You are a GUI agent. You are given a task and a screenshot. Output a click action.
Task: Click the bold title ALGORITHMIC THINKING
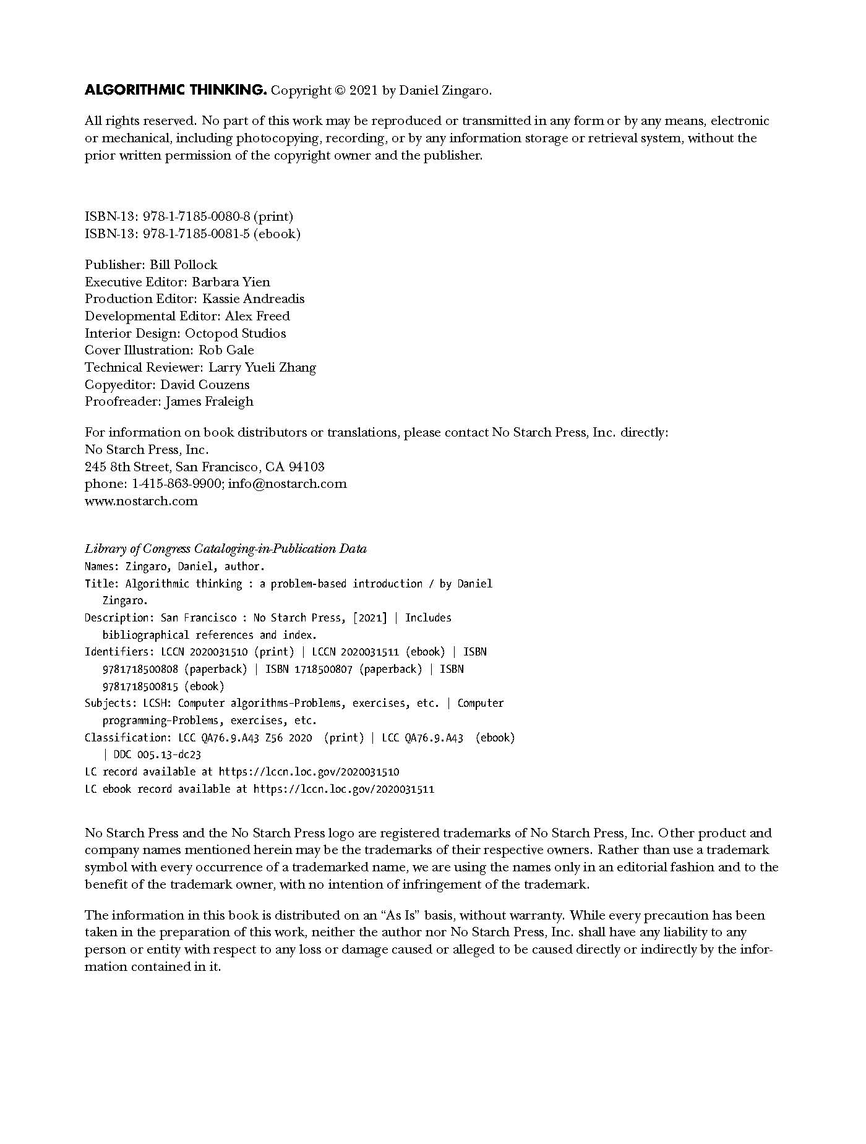point(176,90)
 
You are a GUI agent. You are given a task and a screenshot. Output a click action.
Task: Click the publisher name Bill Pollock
point(183,265)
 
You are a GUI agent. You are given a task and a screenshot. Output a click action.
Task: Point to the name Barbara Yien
point(231,282)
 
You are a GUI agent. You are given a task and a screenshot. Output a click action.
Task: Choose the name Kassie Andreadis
point(254,299)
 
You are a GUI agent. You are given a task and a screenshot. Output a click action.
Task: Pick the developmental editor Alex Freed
point(257,316)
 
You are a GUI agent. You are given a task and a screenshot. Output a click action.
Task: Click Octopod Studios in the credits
point(236,333)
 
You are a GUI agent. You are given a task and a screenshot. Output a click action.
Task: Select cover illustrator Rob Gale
point(226,350)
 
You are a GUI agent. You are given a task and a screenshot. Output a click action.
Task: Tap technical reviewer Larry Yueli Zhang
point(262,367)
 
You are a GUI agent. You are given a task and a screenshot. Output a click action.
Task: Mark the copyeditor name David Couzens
point(205,385)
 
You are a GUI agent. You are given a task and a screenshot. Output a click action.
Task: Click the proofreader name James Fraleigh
point(209,401)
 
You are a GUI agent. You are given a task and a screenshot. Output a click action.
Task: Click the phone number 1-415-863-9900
point(176,484)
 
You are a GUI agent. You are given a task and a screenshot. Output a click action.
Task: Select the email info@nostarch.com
point(287,484)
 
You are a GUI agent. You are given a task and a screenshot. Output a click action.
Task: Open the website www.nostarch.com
point(141,501)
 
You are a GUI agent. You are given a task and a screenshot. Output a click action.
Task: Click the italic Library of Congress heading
point(225,549)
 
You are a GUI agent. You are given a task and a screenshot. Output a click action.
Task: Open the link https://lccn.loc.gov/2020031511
point(344,789)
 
